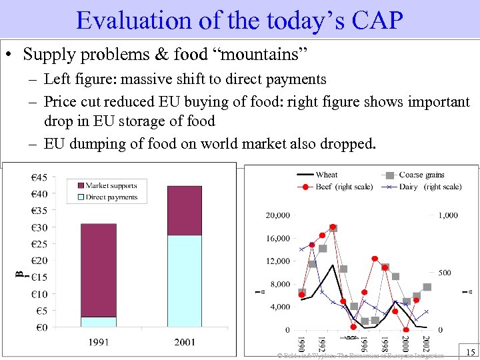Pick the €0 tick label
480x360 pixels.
click(x=41, y=327)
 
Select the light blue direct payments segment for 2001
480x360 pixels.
click(x=184, y=281)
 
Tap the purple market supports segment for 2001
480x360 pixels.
click(x=184, y=210)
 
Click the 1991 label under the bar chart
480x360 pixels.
click(x=99, y=342)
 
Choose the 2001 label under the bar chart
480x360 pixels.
click(x=185, y=342)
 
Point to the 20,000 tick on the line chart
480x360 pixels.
click(x=277, y=215)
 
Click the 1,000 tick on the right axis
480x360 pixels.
click(x=448, y=215)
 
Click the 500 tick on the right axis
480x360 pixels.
click(x=445, y=273)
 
